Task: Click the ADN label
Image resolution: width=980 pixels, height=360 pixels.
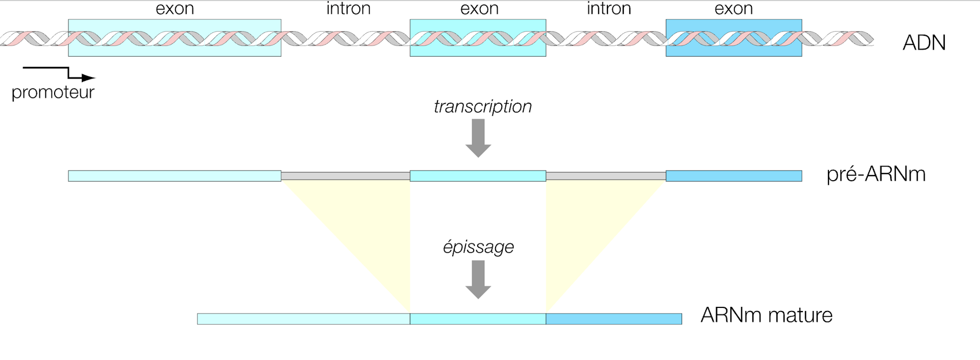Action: coord(924,43)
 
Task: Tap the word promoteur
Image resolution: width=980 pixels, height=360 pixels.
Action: coord(53,92)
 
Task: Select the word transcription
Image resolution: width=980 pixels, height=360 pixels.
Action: coord(482,107)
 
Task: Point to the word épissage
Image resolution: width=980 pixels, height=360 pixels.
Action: coord(478,247)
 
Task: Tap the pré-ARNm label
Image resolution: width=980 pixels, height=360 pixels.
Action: coord(876,175)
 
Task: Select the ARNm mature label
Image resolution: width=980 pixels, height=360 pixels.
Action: coord(766,315)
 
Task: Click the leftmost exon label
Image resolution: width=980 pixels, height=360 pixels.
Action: coord(175,9)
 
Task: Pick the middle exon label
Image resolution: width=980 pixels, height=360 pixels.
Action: coord(479,9)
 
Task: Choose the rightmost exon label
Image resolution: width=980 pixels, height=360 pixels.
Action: coord(733,9)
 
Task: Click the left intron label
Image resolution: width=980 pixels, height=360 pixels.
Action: coord(349,9)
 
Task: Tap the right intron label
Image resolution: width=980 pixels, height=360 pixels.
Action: coord(609,9)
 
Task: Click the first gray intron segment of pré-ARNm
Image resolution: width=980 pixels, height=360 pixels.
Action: coord(346,176)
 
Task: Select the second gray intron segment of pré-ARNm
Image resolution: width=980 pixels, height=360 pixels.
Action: coord(606,176)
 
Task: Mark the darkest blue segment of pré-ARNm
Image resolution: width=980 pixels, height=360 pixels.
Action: coord(734,176)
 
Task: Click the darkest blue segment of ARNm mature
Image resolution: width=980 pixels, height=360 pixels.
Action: coord(614,319)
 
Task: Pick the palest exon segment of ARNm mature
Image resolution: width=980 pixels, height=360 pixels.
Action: coord(304,319)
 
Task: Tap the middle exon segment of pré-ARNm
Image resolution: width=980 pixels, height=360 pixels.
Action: coord(478,176)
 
